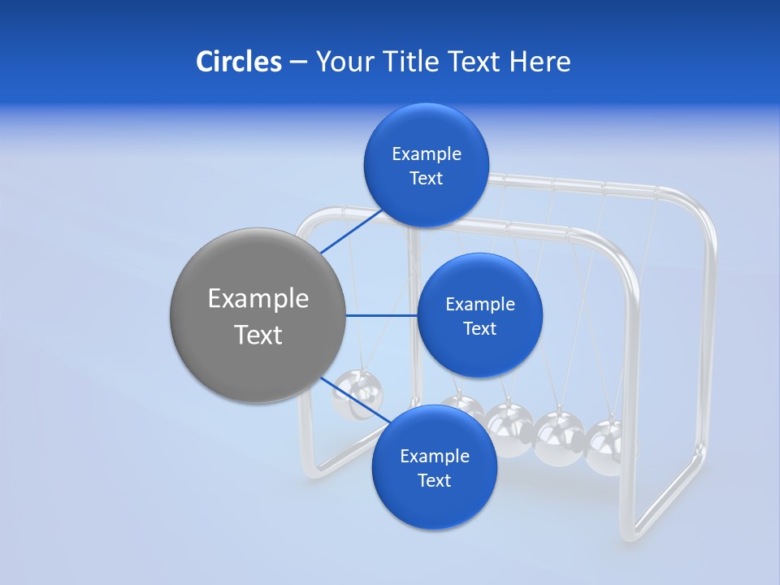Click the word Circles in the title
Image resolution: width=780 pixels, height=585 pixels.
238,61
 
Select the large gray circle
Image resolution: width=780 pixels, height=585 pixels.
258,316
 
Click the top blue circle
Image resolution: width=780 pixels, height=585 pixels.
426,166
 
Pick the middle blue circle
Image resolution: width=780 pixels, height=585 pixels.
479,316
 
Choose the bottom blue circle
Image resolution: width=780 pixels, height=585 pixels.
434,468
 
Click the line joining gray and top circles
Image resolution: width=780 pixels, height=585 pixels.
353,231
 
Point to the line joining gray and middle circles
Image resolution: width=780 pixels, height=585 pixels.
381,315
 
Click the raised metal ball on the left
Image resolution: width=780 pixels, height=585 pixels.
358,394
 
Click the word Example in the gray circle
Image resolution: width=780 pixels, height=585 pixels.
258,299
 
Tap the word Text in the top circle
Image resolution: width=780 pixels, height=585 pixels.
426,179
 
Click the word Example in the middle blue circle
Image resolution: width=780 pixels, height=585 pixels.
479,305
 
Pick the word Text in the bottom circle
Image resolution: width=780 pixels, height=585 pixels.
434,481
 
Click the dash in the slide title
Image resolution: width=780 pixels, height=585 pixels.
297,62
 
